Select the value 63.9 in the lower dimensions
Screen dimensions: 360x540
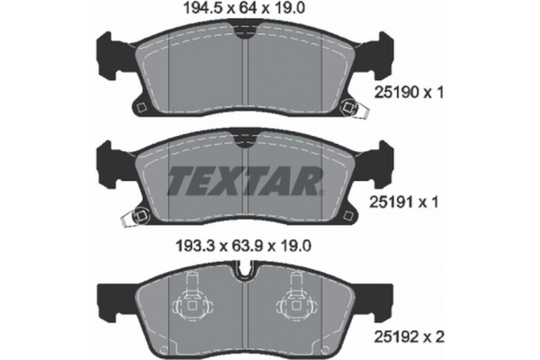tap(244, 244)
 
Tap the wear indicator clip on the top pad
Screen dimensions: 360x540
tap(358, 111)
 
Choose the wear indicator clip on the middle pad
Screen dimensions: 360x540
tap(139, 216)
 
